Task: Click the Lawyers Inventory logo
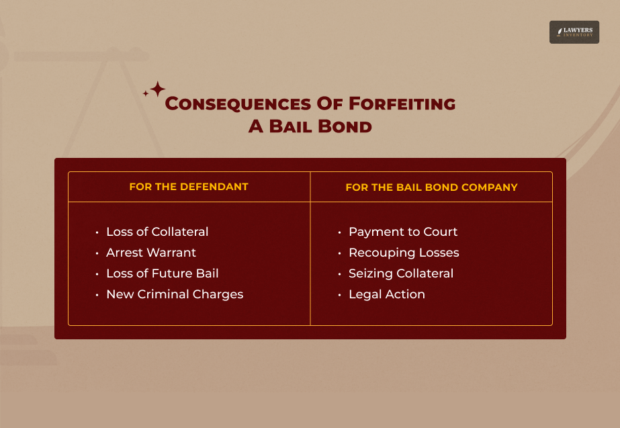point(574,32)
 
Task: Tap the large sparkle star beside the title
point(157,89)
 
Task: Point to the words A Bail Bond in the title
point(310,126)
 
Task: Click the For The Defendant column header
point(189,187)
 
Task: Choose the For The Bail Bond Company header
point(431,187)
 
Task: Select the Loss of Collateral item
point(157,232)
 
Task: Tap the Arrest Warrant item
point(151,253)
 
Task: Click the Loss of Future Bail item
point(162,273)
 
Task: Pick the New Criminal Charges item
point(175,294)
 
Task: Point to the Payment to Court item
point(403,232)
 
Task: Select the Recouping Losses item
point(404,253)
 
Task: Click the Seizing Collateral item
point(401,273)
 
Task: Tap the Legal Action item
point(387,294)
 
